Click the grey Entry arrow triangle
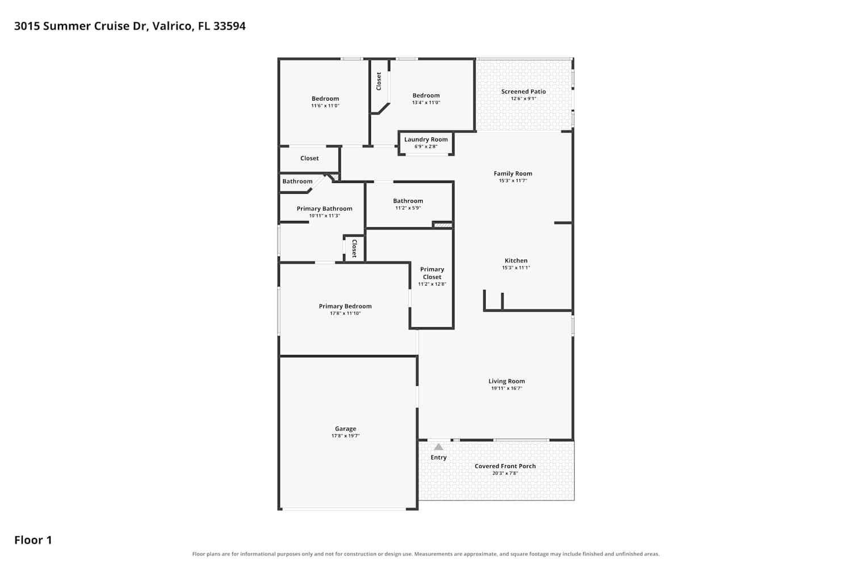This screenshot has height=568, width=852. click(x=438, y=446)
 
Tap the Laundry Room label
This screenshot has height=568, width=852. click(x=426, y=140)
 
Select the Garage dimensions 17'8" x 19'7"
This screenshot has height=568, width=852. click(x=345, y=436)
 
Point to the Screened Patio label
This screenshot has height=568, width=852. click(x=523, y=91)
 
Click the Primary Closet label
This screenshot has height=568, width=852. click(x=432, y=273)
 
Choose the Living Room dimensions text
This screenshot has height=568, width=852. click(x=507, y=389)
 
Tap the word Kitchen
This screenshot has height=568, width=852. click(x=516, y=261)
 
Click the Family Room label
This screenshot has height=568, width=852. click(x=513, y=173)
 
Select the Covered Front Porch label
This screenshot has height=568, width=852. click(x=505, y=466)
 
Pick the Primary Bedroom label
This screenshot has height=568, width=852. click(x=345, y=306)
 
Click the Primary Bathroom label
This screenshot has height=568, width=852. click(x=324, y=209)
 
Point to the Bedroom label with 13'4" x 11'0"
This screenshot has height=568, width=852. click(x=426, y=95)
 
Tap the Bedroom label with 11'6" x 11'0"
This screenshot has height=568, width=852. click(x=325, y=98)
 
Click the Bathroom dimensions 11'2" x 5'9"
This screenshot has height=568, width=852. click(x=408, y=208)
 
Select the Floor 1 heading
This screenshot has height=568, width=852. click(x=33, y=540)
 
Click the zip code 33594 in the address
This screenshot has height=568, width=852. click(x=229, y=26)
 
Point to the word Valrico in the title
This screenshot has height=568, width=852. click(x=173, y=26)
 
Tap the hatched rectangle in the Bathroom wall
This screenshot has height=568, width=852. click(x=443, y=225)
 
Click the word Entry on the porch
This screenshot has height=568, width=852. click(x=438, y=458)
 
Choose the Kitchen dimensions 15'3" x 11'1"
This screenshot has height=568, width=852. click(x=516, y=268)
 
